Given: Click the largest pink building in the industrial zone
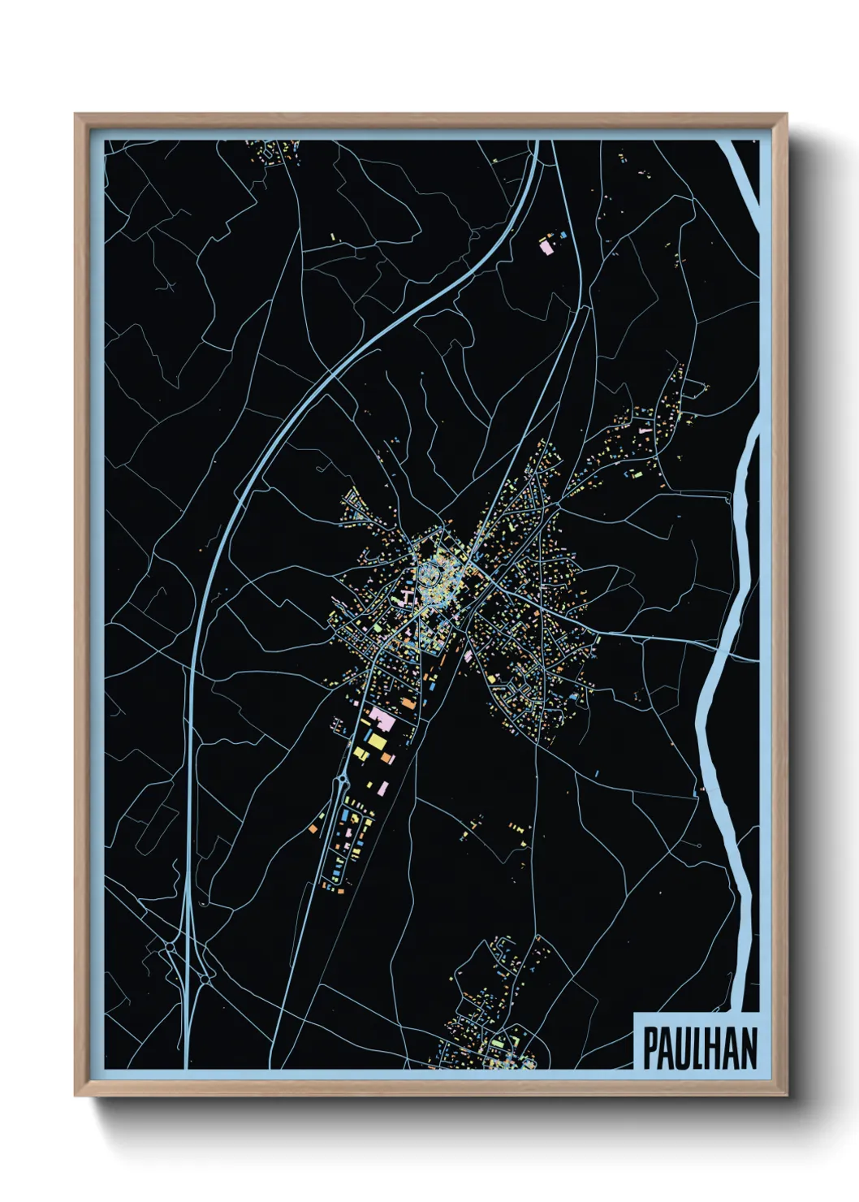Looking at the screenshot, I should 381,718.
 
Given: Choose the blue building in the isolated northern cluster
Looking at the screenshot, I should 563,235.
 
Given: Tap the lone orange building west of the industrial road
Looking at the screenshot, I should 313,828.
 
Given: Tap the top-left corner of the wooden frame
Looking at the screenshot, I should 76,115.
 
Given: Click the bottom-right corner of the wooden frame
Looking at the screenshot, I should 786,1095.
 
